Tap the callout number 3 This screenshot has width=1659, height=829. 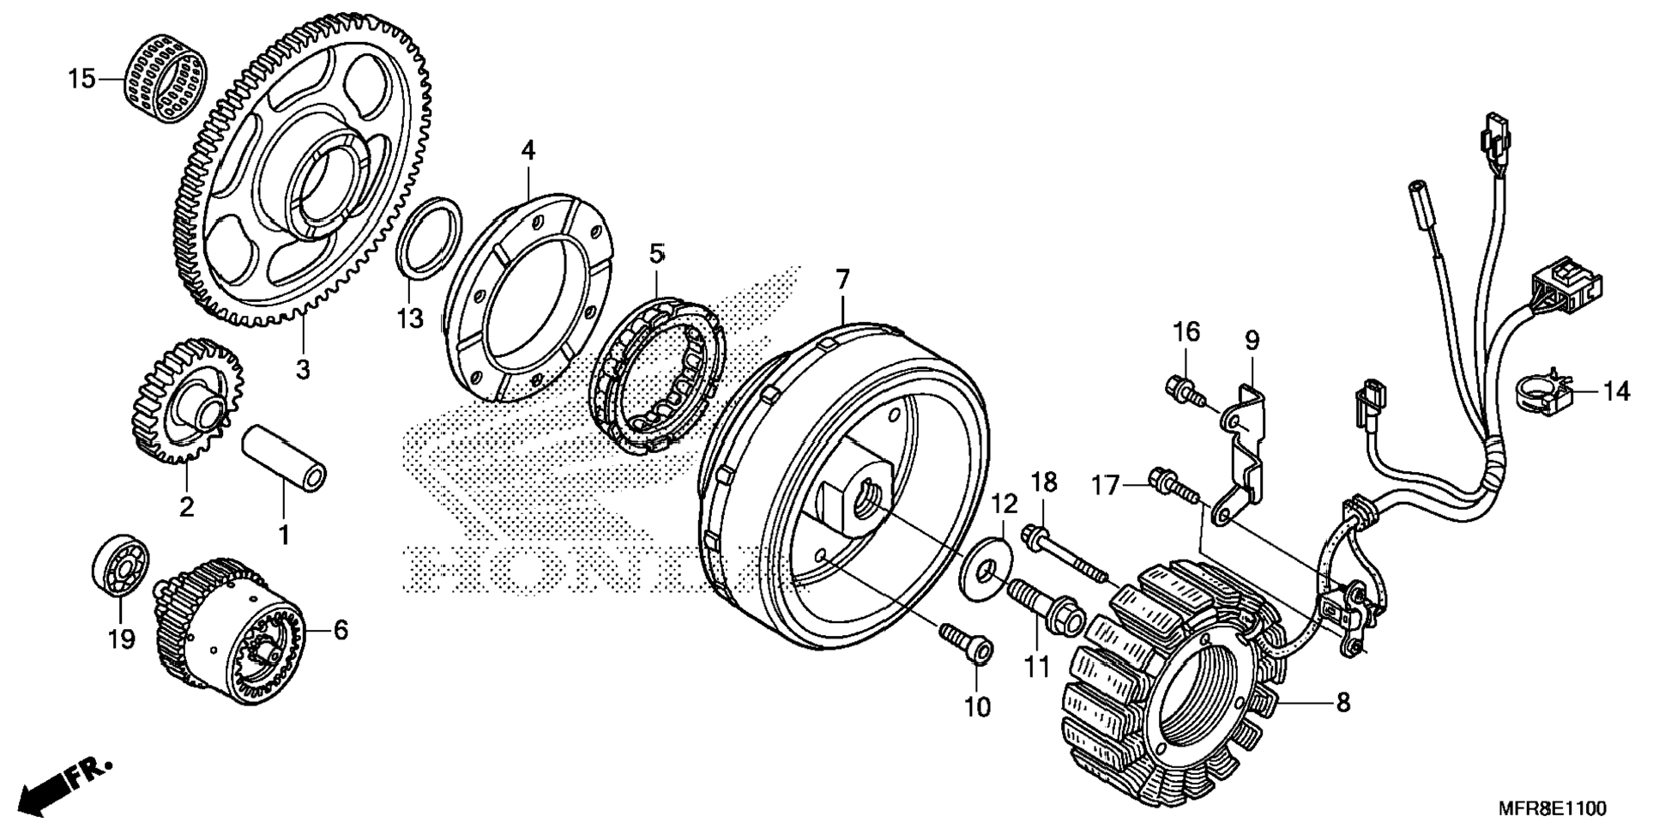coord(302,370)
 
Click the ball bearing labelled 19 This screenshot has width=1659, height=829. coord(120,567)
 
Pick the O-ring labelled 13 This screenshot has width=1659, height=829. coord(429,238)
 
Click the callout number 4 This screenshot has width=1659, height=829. coord(528,151)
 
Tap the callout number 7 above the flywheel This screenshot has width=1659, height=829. coord(842,279)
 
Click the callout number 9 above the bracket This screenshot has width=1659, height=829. coord(1252,341)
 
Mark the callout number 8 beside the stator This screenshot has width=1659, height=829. coord(1342,702)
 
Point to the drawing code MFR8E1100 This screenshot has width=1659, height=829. coord(1552,808)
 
